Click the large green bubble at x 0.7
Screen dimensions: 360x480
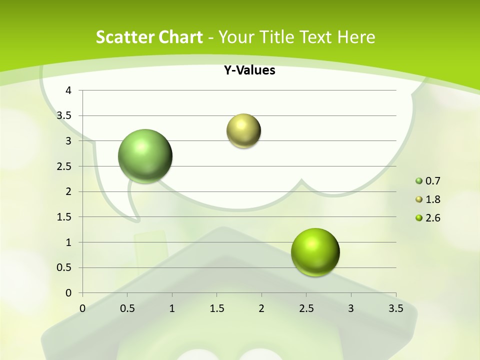(145, 156)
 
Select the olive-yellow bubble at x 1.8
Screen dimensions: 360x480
(243, 131)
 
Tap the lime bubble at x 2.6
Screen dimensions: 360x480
(315, 252)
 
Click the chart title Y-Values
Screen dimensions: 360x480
(249, 70)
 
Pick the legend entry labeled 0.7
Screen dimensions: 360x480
(432, 181)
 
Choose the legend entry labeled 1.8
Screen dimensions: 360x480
(432, 199)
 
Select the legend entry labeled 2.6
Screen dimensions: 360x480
(432, 218)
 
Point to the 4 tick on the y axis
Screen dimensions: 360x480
(68, 90)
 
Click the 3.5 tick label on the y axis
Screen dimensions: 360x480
(64, 115)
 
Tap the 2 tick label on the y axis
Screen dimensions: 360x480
(68, 191)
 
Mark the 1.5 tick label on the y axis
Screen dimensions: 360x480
(64, 217)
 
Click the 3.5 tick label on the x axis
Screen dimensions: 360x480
(395, 308)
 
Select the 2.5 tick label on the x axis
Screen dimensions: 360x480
(306, 308)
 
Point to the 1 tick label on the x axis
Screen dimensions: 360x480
(172, 308)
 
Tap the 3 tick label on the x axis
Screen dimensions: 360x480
(350, 308)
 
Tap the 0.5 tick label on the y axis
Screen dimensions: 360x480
(64, 267)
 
